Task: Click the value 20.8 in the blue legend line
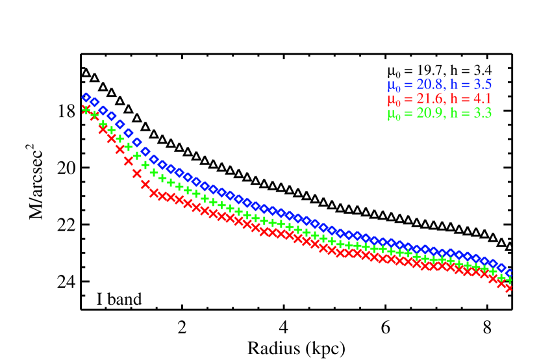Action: [430, 84]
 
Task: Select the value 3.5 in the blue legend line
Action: [483, 84]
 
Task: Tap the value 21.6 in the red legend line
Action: [430, 99]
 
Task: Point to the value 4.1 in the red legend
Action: [483, 99]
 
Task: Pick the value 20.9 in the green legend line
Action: [430, 113]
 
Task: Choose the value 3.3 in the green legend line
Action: [483, 113]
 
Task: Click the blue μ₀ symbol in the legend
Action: [394, 86]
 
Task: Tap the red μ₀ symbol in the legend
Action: [394, 100]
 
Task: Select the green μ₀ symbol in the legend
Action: [394, 114]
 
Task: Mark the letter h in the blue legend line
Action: [454, 84]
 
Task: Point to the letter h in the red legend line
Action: [454, 99]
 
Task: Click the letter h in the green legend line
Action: [454, 113]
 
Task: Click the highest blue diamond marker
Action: [86, 97]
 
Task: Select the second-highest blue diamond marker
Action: [94, 102]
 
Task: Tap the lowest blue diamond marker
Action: [509, 274]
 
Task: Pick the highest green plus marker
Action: [86, 109]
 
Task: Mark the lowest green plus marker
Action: [509, 280]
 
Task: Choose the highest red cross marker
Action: [86, 109]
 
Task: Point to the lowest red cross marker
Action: [508, 287]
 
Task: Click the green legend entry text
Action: [440, 114]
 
